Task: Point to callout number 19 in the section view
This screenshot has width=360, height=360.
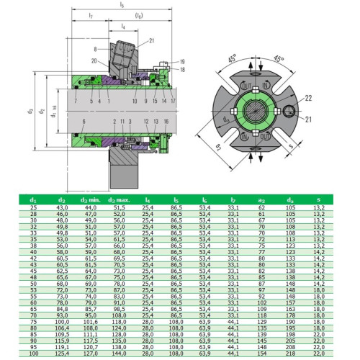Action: (184, 62)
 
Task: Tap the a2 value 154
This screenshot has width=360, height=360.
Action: (262, 353)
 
